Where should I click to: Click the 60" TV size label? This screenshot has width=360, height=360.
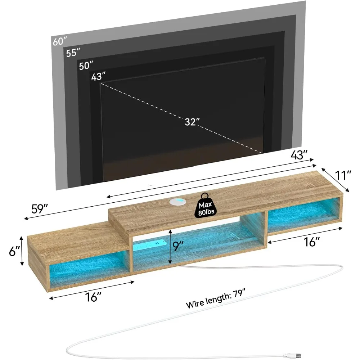click(60, 41)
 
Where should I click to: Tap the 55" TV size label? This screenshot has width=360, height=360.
click(73, 53)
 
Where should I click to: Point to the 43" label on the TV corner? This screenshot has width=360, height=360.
click(98, 77)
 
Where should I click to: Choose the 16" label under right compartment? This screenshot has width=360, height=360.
click(312, 242)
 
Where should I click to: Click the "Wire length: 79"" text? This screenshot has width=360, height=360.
click(217, 298)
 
